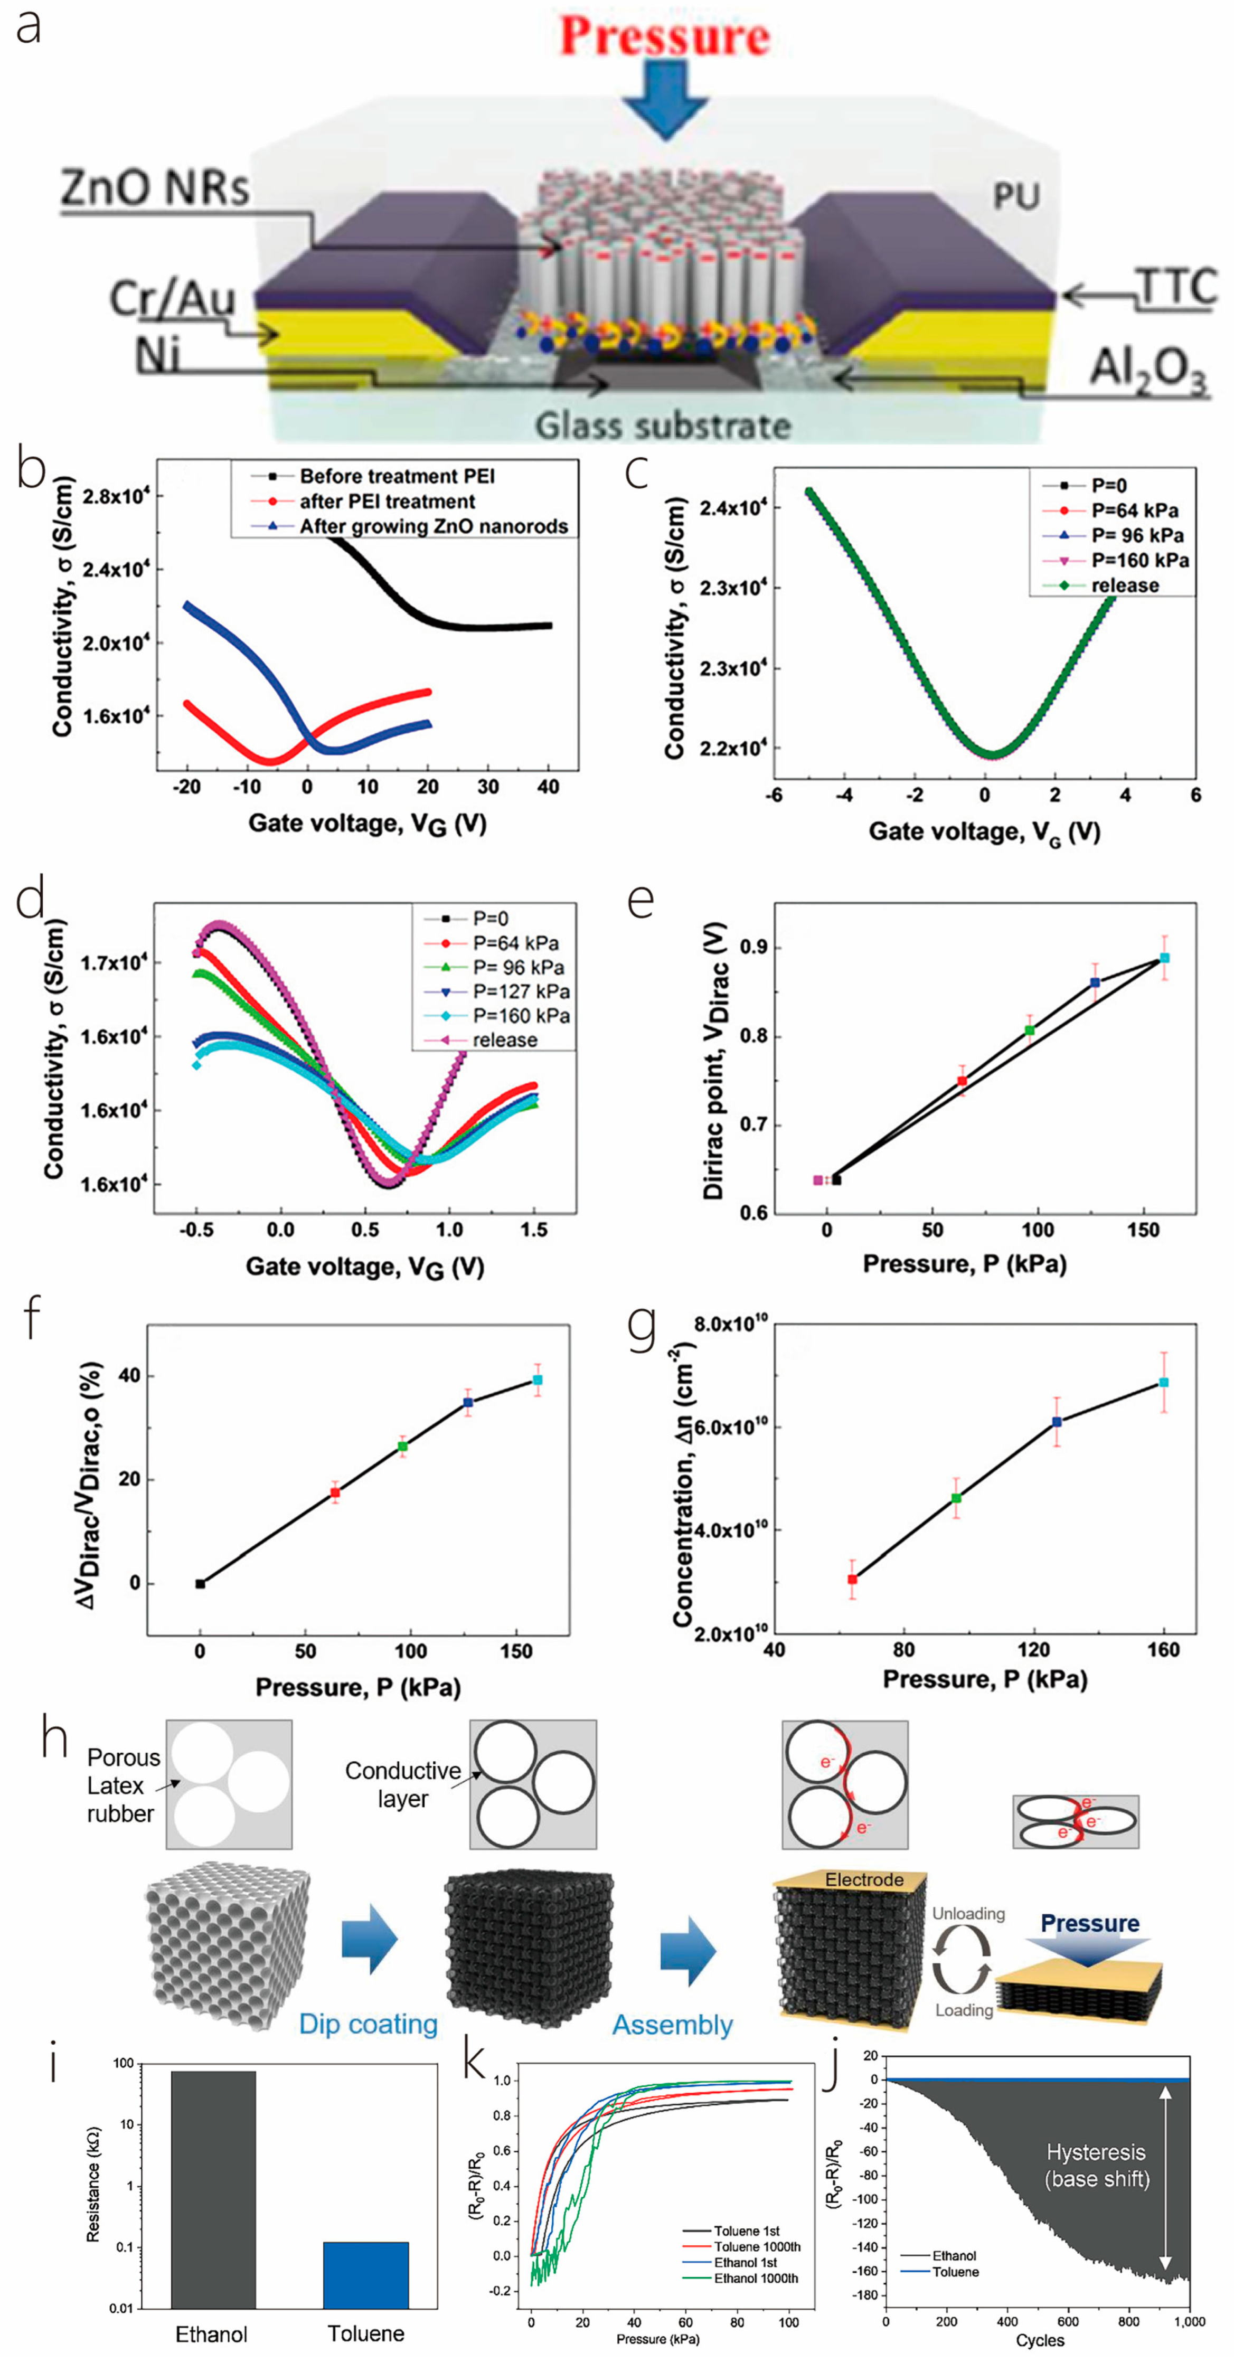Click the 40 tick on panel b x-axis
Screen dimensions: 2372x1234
click(x=548, y=787)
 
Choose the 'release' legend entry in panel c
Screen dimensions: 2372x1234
click(x=1124, y=585)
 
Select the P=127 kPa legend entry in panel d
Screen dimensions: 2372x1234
click(x=520, y=991)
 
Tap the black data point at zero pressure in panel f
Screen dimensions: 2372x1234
click(x=201, y=1584)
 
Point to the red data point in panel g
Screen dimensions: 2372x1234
click(x=853, y=1579)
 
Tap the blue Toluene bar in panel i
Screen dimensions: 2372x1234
click(x=365, y=2274)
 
